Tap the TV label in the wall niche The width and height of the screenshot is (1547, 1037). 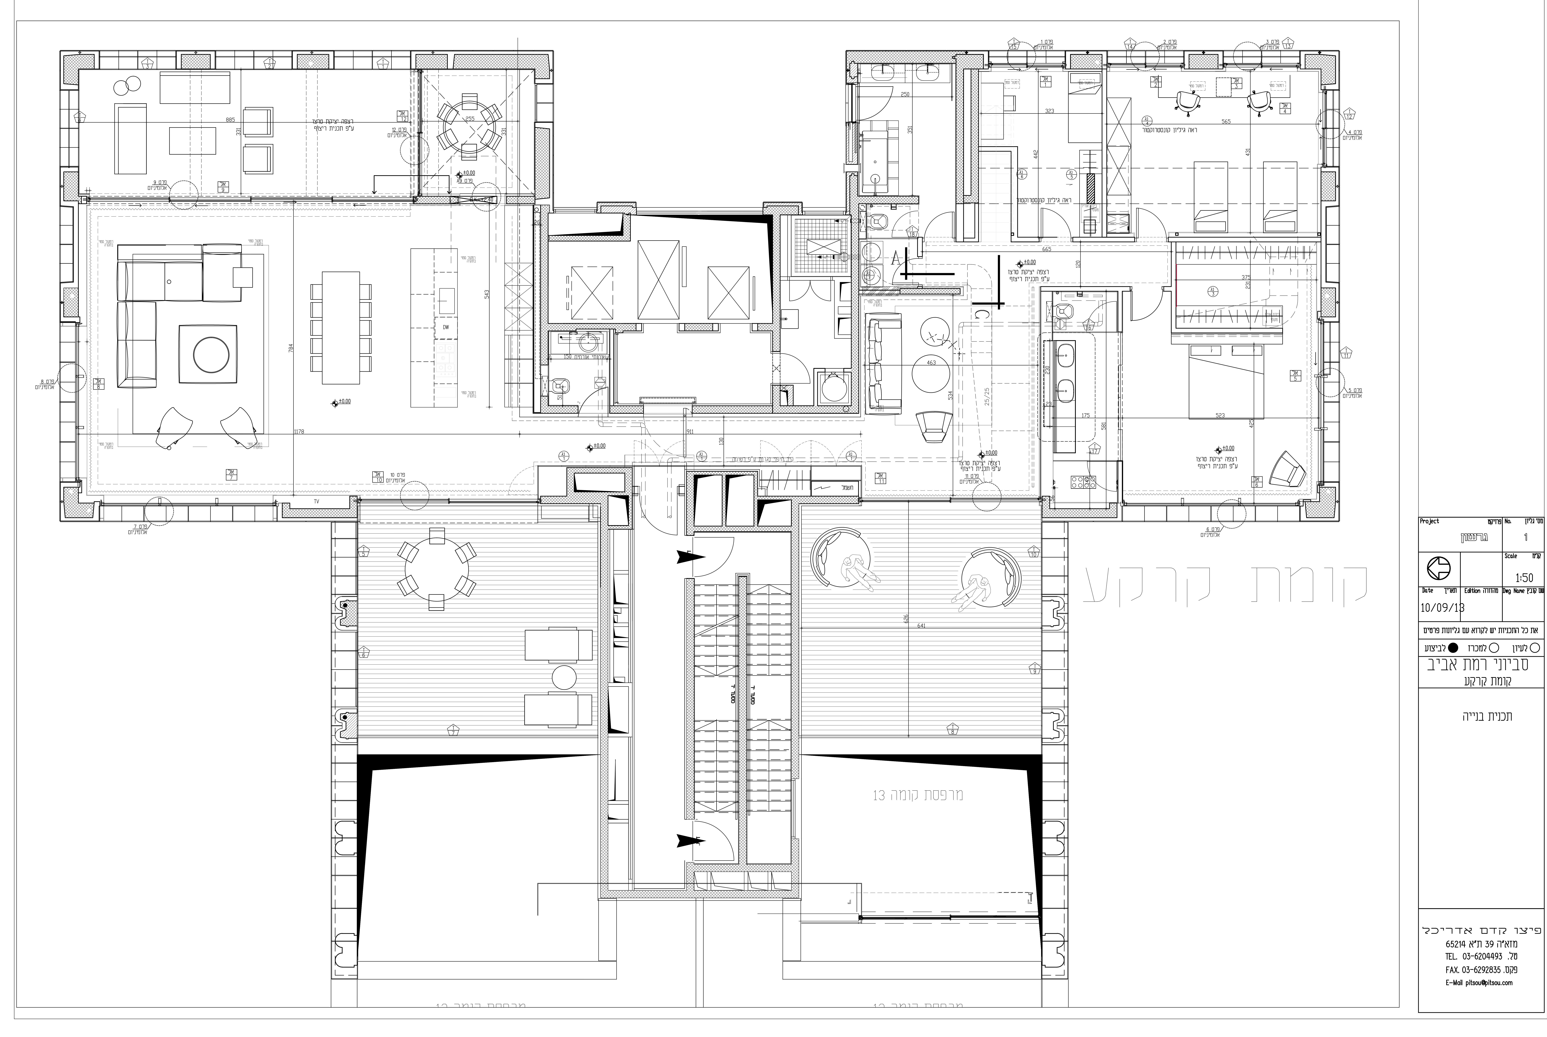click(316, 502)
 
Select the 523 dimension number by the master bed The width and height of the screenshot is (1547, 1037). click(1220, 415)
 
